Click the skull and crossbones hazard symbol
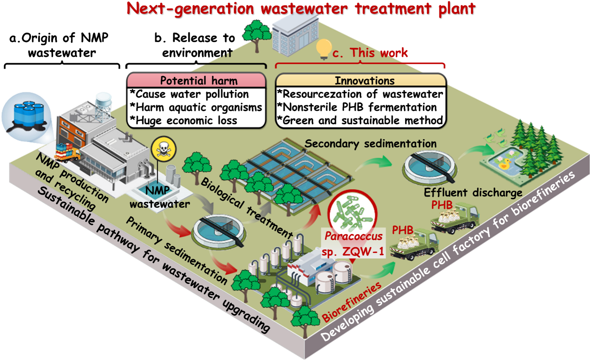[x=163, y=149]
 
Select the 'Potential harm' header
[x=199, y=80]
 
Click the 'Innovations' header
[x=364, y=80]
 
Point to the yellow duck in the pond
[x=504, y=163]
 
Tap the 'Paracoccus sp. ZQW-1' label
[x=354, y=243]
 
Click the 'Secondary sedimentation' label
[x=370, y=144]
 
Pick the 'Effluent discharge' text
[x=473, y=192]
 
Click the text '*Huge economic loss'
[x=184, y=120]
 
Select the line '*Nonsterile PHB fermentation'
[x=357, y=107]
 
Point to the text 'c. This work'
[x=370, y=53]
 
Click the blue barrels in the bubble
[x=29, y=112]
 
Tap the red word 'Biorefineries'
[x=352, y=301]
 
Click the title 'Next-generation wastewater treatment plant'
[x=301, y=8]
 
